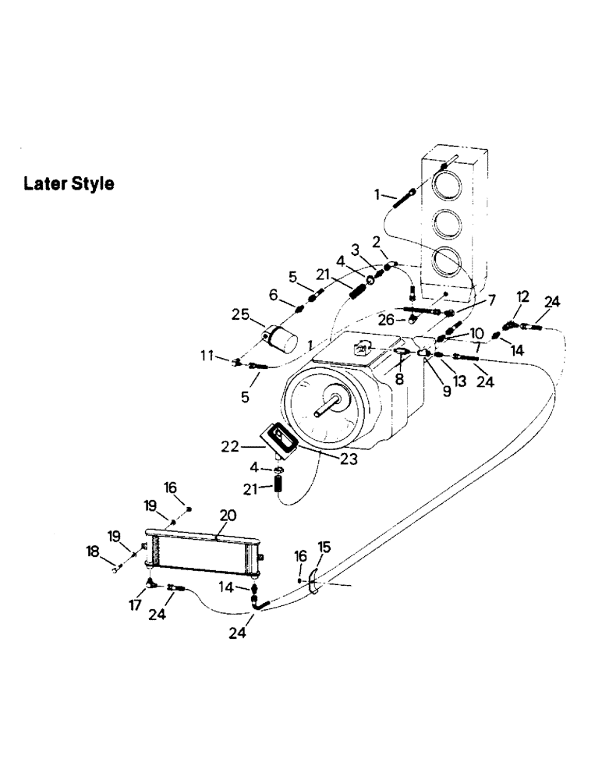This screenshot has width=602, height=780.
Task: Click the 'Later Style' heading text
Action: (69, 184)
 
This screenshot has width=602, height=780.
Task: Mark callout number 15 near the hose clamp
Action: (324, 546)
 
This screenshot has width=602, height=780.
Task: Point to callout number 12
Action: (522, 296)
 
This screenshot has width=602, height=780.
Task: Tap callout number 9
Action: (447, 392)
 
